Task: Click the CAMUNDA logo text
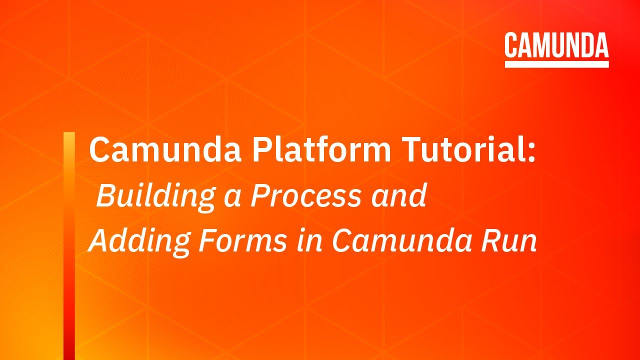click(556, 46)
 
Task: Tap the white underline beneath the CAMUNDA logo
click(556, 64)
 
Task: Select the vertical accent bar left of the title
click(69, 245)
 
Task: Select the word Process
click(305, 196)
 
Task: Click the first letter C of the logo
click(511, 46)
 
